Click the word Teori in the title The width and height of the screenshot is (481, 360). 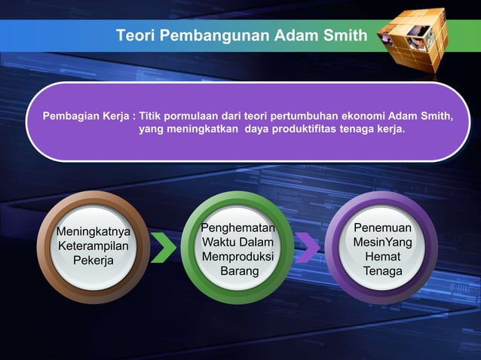click(133, 35)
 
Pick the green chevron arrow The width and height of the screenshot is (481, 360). click(162, 248)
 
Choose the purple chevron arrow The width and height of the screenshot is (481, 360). click(307, 248)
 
